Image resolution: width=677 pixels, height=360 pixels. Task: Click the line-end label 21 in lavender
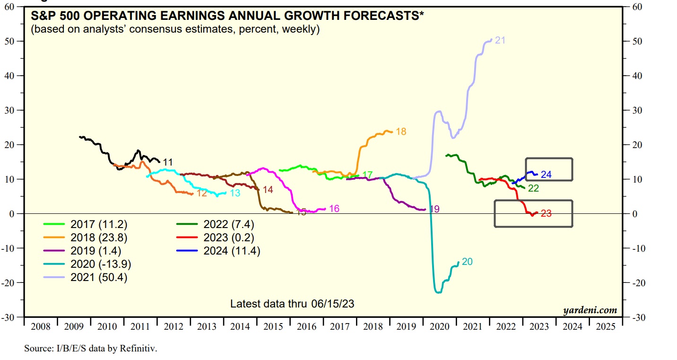point(500,40)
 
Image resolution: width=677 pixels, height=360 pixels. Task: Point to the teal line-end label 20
point(467,262)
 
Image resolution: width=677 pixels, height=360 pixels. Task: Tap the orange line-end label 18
point(401,132)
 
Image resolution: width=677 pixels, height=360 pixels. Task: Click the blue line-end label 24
point(546,175)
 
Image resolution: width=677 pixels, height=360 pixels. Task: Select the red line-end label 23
point(546,213)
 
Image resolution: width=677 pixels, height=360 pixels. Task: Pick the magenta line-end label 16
point(334,209)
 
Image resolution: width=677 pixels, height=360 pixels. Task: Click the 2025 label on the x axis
point(607,327)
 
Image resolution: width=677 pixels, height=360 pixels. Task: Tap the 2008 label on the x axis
point(41,327)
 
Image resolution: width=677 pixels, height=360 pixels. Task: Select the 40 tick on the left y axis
point(14,76)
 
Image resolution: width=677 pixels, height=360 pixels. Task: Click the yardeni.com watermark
point(590,310)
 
